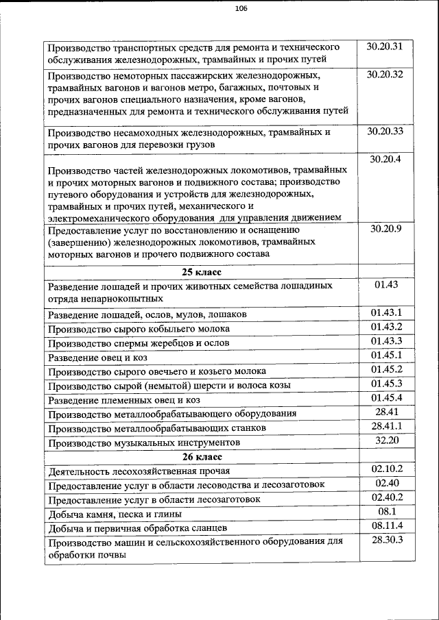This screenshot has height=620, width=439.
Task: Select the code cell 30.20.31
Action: click(x=385, y=47)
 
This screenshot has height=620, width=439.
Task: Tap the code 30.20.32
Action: click(x=385, y=74)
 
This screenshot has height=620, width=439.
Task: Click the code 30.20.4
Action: click(x=385, y=159)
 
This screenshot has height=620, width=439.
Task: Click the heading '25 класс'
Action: click(x=201, y=271)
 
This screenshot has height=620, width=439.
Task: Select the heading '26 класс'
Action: click(x=201, y=456)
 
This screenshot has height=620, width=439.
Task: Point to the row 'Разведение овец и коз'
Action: click(x=98, y=358)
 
